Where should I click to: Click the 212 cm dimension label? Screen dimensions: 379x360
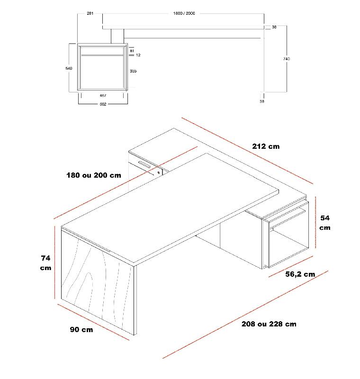(x=266, y=146)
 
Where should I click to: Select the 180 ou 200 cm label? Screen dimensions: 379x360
(x=93, y=175)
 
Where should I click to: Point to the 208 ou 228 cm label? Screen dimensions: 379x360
(x=269, y=324)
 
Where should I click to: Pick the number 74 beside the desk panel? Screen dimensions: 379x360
(x=45, y=258)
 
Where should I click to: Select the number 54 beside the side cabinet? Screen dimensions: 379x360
(x=325, y=218)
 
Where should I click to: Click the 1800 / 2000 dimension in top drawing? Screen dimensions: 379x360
(x=184, y=13)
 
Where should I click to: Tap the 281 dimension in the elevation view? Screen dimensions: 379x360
(x=90, y=13)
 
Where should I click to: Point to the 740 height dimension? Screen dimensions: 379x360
(x=286, y=59)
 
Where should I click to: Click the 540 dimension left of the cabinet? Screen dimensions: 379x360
(x=69, y=69)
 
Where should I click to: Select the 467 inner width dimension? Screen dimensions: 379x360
(x=103, y=95)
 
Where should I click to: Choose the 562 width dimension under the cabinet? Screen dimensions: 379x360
(x=103, y=104)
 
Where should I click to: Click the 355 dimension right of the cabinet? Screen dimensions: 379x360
(x=133, y=71)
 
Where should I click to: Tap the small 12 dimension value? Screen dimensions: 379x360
(x=138, y=55)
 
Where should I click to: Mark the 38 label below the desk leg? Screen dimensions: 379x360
(x=262, y=101)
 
